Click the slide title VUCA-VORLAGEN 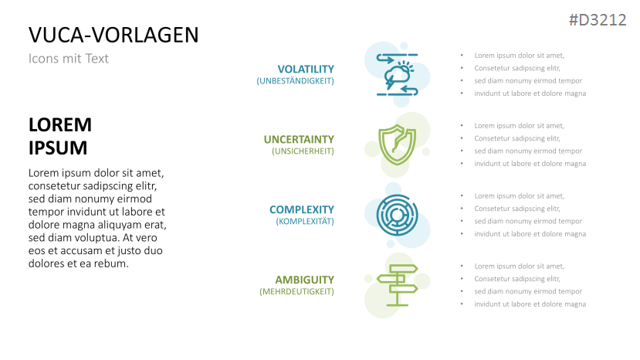(113, 35)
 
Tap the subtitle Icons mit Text (68, 59)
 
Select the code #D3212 (597, 21)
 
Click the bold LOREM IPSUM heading (60, 137)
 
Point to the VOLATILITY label (306, 69)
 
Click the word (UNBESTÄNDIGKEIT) (295, 81)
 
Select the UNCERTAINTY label (299, 139)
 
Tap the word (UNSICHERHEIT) (303, 151)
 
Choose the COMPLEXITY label (301, 209)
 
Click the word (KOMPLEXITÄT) (304, 222)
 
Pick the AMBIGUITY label (304, 280)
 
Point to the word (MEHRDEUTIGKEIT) (296, 292)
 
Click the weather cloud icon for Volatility (397, 74)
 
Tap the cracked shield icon (397, 143)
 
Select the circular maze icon (397, 214)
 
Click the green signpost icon (397, 284)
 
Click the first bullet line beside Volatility (519, 55)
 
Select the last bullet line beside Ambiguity (530, 304)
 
